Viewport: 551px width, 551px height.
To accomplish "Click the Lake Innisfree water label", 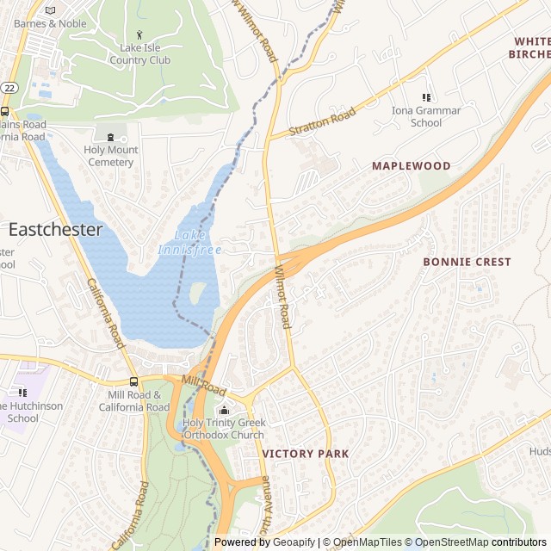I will click(x=190, y=242).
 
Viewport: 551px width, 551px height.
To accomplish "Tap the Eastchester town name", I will click(x=55, y=230).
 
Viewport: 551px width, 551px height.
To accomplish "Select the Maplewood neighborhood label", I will click(x=411, y=165).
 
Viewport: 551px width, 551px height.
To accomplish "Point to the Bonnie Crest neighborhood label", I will click(x=467, y=262).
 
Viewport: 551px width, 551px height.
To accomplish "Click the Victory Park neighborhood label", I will click(x=306, y=454).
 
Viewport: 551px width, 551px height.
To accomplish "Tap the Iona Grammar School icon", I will click(x=426, y=97).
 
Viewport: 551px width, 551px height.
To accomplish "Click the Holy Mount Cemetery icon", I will click(x=110, y=136).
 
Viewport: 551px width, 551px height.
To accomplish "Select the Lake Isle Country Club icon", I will click(x=139, y=34).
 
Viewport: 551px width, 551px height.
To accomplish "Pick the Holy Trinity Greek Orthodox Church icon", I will click(x=224, y=410).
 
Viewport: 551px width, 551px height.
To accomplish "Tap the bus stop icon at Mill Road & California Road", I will click(x=133, y=381).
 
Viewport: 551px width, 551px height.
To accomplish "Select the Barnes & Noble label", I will click(x=50, y=23).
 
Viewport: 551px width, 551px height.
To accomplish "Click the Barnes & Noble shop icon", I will click(x=50, y=9).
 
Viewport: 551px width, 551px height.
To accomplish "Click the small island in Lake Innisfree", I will click(x=197, y=293).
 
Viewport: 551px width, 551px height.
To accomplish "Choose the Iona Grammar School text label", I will click(x=426, y=116).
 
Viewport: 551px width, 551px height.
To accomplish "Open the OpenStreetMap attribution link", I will click(x=454, y=542).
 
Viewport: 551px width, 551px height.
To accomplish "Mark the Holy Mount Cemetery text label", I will click(x=110, y=156).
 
